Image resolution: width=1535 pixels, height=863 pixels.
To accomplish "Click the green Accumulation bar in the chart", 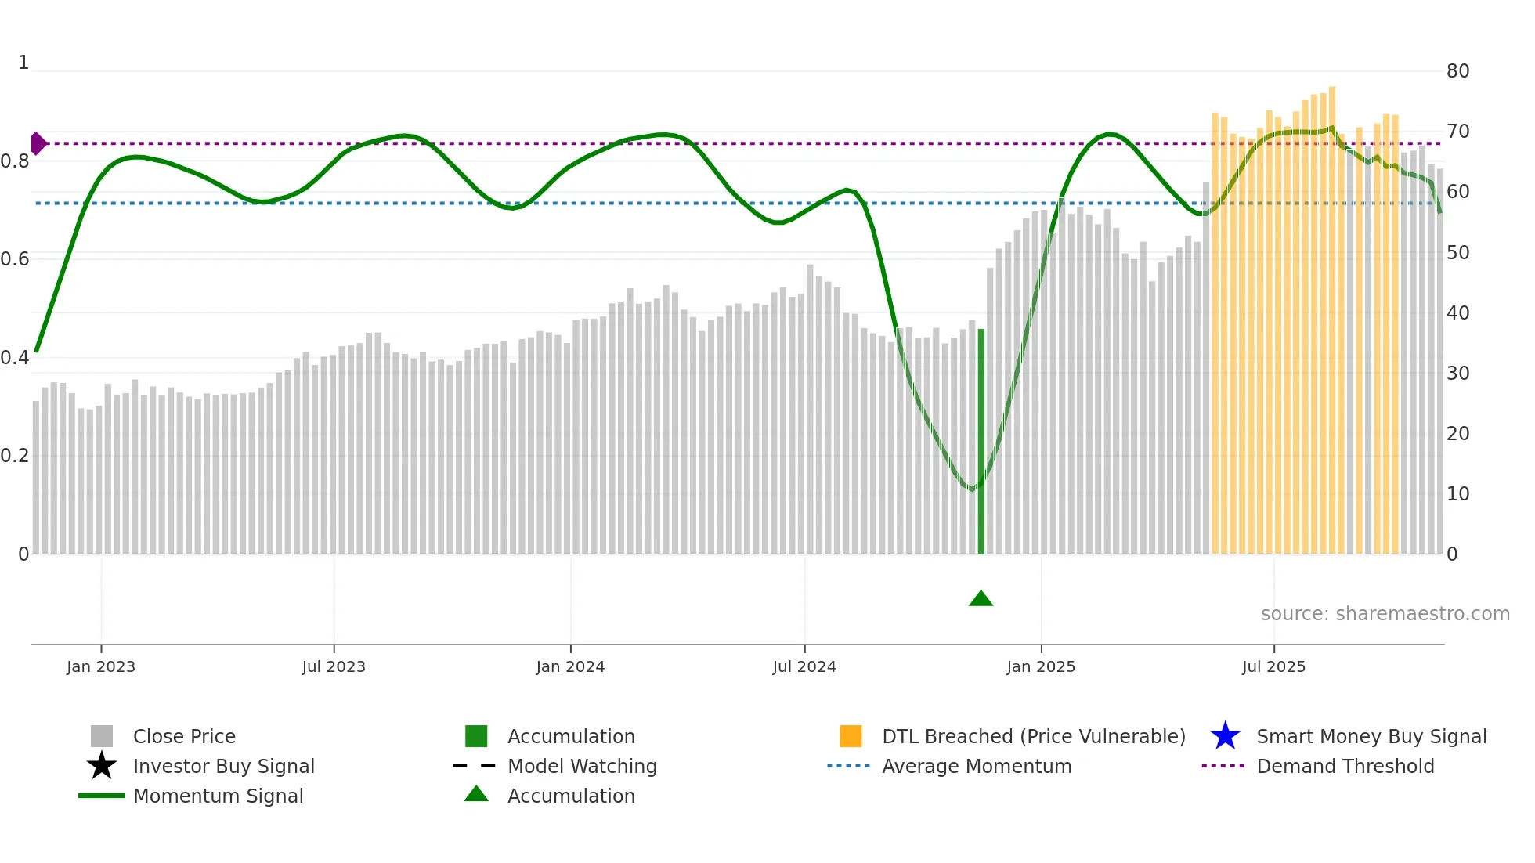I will pyautogui.click(x=981, y=442).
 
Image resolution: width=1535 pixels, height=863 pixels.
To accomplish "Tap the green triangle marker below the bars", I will pyautogui.click(x=981, y=599).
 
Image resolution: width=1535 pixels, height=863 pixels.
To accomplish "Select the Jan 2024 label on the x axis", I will pyautogui.click(x=570, y=666).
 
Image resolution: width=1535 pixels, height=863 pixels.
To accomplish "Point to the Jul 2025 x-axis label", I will pyautogui.click(x=1273, y=666).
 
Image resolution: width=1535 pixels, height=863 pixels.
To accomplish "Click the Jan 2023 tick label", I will pyautogui.click(x=101, y=666).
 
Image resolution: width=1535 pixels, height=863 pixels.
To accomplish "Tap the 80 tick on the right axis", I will pyautogui.click(x=1457, y=71).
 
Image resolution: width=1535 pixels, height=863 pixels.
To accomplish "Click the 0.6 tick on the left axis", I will pyautogui.click(x=16, y=259).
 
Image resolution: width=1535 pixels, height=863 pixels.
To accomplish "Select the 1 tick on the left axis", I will pyautogui.click(x=23, y=63).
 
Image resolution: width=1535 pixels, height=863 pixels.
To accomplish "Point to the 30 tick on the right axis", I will pyautogui.click(x=1457, y=374).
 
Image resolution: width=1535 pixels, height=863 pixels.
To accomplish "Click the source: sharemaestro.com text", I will pyautogui.click(x=1385, y=614).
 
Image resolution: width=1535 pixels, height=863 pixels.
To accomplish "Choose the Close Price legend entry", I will pyautogui.click(x=184, y=736).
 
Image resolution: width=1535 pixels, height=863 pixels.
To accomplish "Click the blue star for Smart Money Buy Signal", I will pyautogui.click(x=1225, y=736).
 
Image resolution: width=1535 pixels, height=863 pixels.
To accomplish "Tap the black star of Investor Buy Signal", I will pyautogui.click(x=102, y=766).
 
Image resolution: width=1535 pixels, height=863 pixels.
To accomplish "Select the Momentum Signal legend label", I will pyautogui.click(x=218, y=796).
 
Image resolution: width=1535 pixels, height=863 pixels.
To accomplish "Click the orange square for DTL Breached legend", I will pyautogui.click(x=851, y=736).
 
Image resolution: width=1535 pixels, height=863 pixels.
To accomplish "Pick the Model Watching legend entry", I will pyautogui.click(x=582, y=766).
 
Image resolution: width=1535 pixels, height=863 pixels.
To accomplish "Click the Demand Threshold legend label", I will pyautogui.click(x=1345, y=766).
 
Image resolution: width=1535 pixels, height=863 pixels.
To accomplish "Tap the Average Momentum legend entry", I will pyautogui.click(x=977, y=766).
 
